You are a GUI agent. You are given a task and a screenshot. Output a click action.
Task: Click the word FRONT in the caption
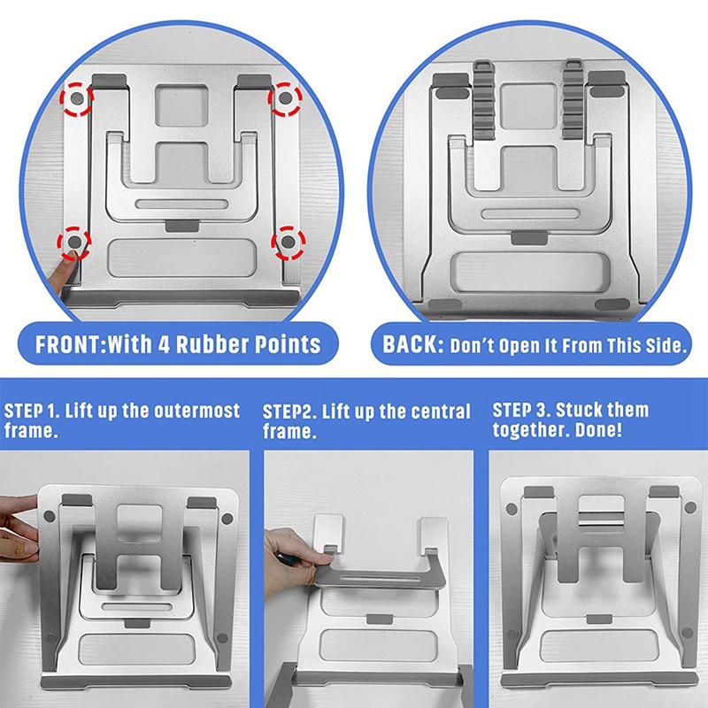click(70, 344)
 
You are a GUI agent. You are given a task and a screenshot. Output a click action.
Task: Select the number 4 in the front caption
click(163, 344)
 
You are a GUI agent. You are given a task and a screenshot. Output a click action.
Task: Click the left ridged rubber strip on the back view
click(483, 99)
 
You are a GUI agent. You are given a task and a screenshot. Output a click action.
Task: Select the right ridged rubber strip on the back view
click(573, 99)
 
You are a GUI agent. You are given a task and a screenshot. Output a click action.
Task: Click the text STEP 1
click(32, 411)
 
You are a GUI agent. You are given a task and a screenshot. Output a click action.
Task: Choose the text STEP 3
click(520, 410)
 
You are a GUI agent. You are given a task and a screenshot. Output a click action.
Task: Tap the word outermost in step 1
click(196, 411)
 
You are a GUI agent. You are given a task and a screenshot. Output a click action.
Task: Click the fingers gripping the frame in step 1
click(19, 527)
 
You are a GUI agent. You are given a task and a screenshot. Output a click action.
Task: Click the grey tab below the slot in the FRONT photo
click(182, 226)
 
